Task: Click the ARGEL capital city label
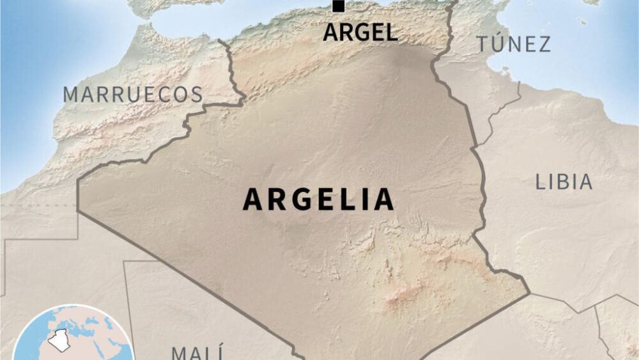pyautogui.click(x=360, y=32)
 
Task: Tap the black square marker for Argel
pyautogui.click(x=338, y=6)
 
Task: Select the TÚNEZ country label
pyautogui.click(x=513, y=44)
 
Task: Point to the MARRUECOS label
pyautogui.click(x=132, y=94)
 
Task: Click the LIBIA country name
pyautogui.click(x=564, y=182)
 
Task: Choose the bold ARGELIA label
pyautogui.click(x=318, y=200)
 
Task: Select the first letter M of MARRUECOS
pyautogui.click(x=71, y=95)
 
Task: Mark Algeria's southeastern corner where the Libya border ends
pyautogui.click(x=528, y=294)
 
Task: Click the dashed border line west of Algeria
pyautogui.click(x=38, y=206)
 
